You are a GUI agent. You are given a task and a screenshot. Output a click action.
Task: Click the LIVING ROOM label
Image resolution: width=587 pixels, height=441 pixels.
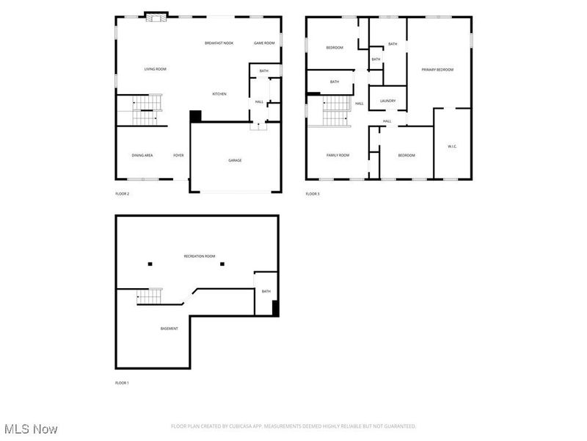[155, 69]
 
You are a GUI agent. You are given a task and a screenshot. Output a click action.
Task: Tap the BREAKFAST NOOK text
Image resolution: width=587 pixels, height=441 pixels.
[219, 43]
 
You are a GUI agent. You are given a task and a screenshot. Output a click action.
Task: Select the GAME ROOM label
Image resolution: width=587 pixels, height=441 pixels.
[264, 43]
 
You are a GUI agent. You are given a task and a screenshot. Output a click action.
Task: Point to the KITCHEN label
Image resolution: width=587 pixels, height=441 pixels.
[219, 94]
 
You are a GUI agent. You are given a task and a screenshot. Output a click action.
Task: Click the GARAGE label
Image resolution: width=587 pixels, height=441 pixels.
[235, 160]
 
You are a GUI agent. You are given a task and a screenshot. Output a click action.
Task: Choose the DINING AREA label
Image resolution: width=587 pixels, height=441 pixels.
[142, 156]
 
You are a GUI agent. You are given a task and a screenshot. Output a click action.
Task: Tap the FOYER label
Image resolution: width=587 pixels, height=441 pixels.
[178, 156]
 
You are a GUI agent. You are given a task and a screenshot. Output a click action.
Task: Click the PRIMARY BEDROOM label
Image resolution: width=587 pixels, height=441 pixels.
[437, 70]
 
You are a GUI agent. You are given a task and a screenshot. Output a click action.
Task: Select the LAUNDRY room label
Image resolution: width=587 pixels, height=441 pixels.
[387, 101]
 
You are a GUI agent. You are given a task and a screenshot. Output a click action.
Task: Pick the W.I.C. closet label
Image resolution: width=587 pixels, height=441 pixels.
[452, 146]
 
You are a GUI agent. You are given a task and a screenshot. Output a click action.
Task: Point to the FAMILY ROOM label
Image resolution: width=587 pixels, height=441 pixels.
[338, 155]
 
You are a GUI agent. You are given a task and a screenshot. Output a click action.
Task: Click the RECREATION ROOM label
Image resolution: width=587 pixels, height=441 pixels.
[200, 256]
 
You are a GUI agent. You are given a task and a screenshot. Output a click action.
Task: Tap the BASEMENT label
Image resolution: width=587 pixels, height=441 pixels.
[169, 329]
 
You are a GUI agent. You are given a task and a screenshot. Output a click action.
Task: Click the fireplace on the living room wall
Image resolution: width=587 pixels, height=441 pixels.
[156, 18]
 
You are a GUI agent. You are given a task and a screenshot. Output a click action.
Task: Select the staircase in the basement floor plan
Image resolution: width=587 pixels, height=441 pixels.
[149, 296]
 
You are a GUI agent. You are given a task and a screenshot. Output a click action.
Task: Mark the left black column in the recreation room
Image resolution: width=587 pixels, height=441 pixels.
[150, 264]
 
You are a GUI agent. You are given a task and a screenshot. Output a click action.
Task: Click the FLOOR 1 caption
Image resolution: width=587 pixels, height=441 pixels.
[122, 383]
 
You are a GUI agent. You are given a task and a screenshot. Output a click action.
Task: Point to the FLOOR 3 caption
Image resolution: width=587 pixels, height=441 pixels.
[313, 194]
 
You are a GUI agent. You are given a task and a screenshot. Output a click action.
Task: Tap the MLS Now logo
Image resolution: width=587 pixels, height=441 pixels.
[31, 429]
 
